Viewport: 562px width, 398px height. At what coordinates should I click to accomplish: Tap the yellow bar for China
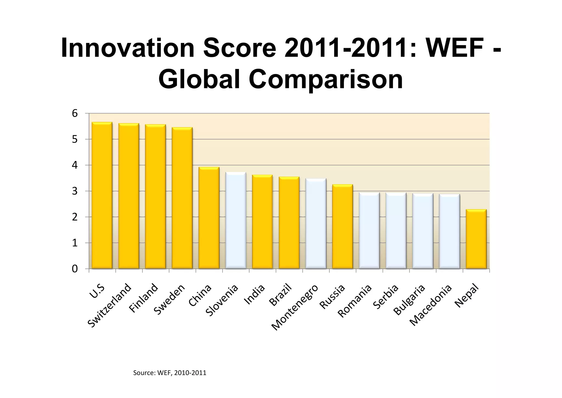(209, 218)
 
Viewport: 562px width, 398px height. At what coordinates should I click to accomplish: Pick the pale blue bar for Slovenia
(235, 220)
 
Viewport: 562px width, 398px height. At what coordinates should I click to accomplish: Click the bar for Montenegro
(316, 223)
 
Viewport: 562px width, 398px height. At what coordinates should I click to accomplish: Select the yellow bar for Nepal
(476, 239)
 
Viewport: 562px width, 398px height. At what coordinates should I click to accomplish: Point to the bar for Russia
(342, 226)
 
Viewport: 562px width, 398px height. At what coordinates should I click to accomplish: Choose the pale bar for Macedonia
(449, 231)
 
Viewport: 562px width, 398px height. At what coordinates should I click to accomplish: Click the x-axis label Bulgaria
(409, 300)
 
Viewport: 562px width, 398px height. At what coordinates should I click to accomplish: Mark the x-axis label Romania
(355, 301)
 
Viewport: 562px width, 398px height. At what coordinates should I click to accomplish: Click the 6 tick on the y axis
(75, 113)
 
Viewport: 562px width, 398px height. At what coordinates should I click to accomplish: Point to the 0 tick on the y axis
(75, 269)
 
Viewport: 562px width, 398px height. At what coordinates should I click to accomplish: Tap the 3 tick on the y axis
(75, 191)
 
